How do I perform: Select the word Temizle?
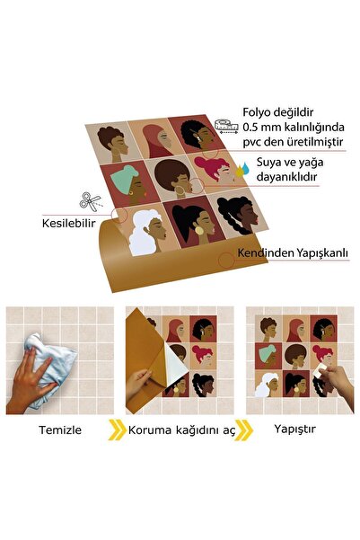point(60,429)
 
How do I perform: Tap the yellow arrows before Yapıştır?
point(244,429)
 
